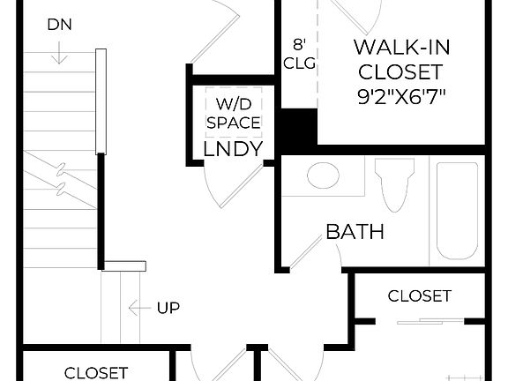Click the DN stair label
60,26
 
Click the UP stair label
168,308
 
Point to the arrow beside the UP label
138,308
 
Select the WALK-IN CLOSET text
398,58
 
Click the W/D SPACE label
234,112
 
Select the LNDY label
233,149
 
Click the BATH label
355,232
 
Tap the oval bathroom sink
323,175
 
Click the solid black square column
297,126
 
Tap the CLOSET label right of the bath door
419,295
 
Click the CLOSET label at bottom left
96,373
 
